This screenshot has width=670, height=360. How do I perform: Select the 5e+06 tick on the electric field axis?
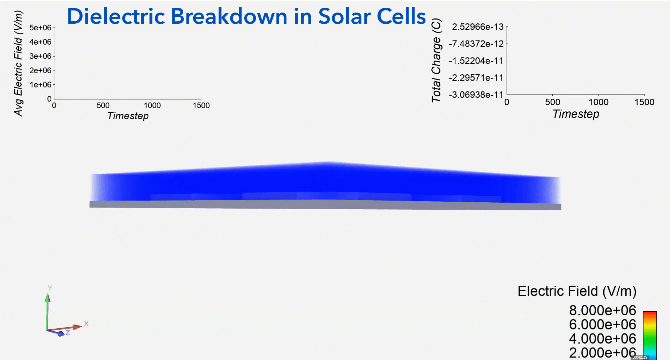(x=40, y=28)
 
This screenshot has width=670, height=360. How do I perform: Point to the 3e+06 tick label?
(x=40, y=56)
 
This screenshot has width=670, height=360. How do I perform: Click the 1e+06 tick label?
(x=40, y=85)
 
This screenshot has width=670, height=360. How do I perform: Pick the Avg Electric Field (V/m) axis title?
(x=18, y=63)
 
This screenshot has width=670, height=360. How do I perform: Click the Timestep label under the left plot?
(x=128, y=116)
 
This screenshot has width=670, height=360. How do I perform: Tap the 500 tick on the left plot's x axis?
(x=103, y=105)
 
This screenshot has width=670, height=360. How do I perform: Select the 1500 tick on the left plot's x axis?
(x=201, y=105)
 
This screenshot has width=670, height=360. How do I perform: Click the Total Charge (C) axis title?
(x=436, y=60)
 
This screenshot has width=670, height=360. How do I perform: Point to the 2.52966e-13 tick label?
(x=478, y=27)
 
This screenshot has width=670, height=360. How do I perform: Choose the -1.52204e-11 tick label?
(x=476, y=61)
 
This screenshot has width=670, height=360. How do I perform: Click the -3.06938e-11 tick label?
(x=476, y=95)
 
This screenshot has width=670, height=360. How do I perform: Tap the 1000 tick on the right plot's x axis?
(x=598, y=102)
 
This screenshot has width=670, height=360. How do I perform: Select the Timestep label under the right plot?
(x=576, y=114)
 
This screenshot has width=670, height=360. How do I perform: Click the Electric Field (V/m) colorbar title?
(x=577, y=291)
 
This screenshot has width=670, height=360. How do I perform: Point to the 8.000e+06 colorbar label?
(x=603, y=310)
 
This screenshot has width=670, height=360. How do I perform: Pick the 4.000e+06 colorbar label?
(x=603, y=338)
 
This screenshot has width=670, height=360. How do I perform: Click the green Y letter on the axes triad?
(x=50, y=288)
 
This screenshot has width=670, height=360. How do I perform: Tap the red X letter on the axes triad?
(x=86, y=324)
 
